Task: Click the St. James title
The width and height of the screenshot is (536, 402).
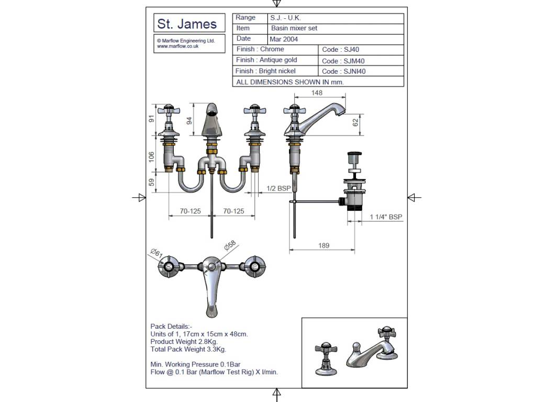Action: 187,24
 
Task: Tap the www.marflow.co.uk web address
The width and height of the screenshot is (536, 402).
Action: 177,46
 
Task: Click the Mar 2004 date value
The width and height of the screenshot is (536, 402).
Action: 284,39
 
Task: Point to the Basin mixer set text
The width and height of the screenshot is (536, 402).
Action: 294,28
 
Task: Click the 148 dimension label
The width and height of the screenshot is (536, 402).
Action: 317,93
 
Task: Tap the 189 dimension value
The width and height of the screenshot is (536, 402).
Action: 323,245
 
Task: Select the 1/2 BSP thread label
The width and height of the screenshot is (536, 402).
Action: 278,188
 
